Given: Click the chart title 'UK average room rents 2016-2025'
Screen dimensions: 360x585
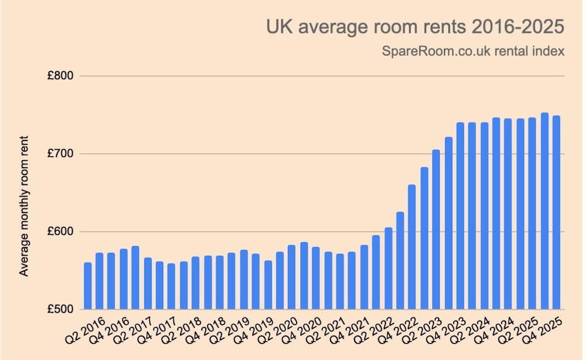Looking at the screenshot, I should [x=415, y=27].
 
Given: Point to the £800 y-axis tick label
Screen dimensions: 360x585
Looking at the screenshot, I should [x=59, y=76].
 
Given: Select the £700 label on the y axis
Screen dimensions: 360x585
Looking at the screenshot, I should [x=59, y=154].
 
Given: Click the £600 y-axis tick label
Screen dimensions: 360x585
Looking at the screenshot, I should [x=59, y=232].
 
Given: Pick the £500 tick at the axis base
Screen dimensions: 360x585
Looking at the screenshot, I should [x=59, y=310].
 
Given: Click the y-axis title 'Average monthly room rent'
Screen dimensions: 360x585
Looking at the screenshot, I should [x=24, y=207].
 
